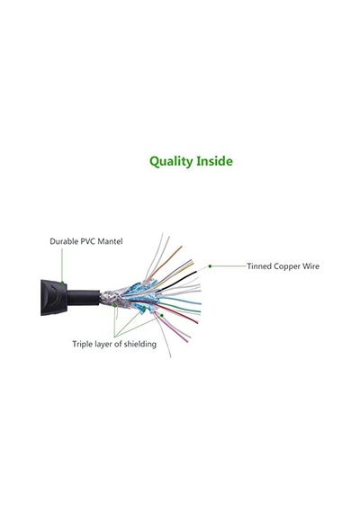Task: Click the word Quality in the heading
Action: [171, 162]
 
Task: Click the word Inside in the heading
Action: [214, 161]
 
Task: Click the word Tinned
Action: [259, 266]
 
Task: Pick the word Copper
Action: [287, 266]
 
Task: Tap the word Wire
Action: [310, 266]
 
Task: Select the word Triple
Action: [81, 345]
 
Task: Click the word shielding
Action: [140, 345]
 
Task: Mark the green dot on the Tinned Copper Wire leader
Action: [210, 266]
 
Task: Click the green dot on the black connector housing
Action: [62, 282]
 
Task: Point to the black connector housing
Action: [54, 297]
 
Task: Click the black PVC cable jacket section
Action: [84, 297]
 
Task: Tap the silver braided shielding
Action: [112, 300]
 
